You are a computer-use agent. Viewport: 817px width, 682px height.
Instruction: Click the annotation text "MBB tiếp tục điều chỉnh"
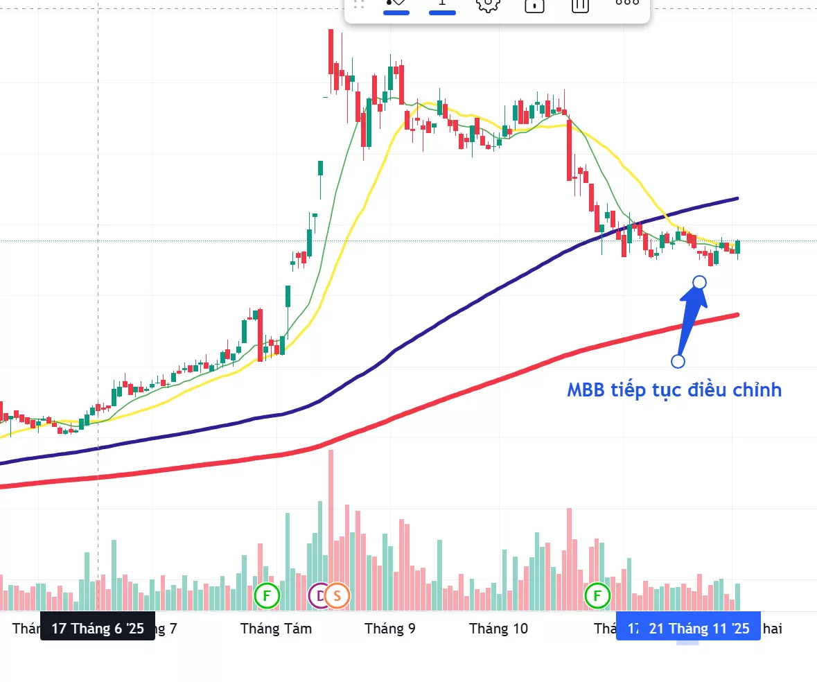[674, 390]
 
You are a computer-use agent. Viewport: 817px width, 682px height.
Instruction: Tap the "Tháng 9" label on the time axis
[390, 629]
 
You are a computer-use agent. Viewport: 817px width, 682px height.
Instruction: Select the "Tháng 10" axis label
[498, 629]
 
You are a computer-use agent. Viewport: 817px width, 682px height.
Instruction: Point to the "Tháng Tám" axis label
[276, 629]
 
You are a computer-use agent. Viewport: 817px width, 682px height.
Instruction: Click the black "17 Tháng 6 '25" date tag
[98, 629]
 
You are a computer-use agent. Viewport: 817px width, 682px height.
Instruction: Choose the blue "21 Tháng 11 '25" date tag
[699, 629]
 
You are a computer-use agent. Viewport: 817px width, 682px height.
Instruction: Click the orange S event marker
[337, 595]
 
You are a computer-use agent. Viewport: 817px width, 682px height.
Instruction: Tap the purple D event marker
[319, 595]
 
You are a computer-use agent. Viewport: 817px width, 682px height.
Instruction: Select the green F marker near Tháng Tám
[267, 595]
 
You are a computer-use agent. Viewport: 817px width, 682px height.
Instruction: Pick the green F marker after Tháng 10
[597, 595]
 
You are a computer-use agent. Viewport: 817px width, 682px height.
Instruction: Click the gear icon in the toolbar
[488, 4]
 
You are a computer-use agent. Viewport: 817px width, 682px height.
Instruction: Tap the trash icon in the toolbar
[580, 5]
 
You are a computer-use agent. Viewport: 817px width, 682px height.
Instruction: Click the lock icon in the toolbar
[534, 5]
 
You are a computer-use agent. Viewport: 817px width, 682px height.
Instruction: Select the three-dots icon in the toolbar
[627, 3]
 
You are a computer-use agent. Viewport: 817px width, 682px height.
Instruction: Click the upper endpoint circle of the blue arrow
[700, 282]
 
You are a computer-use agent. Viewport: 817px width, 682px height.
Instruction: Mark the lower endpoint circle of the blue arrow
[678, 361]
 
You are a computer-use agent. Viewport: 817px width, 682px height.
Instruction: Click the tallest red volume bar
[331, 530]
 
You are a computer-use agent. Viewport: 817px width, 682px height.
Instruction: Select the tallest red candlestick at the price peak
[331, 52]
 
